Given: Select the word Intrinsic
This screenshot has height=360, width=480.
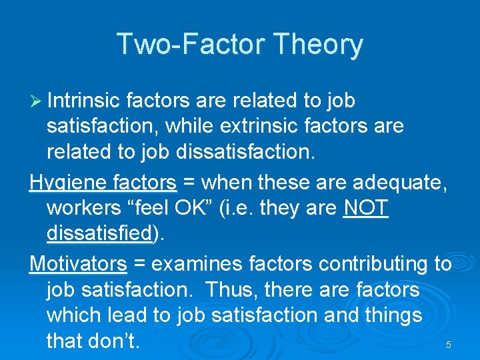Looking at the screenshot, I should click(83, 101).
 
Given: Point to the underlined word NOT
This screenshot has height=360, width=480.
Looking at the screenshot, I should click(365, 209).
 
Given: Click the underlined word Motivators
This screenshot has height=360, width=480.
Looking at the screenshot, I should click(78, 264).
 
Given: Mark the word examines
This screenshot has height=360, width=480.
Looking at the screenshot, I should click(197, 264).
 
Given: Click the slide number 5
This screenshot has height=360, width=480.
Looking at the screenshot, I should click(448, 345).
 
